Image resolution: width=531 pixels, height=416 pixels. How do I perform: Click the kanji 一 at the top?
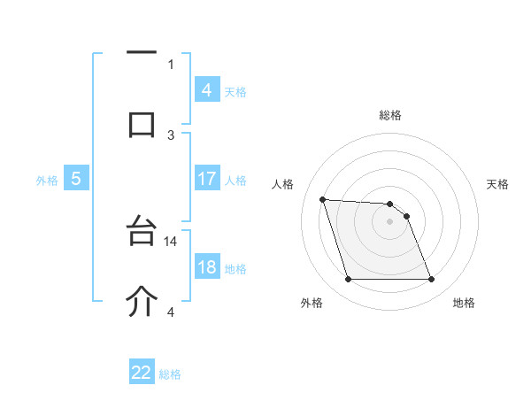coord(142,54)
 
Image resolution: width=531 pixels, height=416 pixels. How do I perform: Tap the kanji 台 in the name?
coord(142,233)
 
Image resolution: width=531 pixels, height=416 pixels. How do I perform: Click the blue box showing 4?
coord(206,89)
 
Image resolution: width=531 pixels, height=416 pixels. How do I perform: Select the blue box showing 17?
coord(206,179)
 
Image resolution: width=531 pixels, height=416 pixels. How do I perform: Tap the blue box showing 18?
coord(206,267)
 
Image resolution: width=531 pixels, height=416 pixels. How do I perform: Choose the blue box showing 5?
coord(76,179)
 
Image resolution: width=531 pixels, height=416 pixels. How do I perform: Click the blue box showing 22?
coord(142,373)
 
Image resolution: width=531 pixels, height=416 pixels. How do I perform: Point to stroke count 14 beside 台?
coord(172,241)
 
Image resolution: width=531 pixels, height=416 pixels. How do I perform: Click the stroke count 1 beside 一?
coord(171,64)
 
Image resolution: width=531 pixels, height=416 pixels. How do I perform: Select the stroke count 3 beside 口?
coord(171,135)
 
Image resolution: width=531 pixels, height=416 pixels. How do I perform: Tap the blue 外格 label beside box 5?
coord(47,180)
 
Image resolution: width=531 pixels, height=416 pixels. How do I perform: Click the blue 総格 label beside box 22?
coord(170,374)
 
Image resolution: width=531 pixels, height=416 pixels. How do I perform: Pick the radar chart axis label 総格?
coord(390,115)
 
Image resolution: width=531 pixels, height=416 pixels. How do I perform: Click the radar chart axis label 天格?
coord(498,184)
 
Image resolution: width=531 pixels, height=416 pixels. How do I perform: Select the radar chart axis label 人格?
coord(283,184)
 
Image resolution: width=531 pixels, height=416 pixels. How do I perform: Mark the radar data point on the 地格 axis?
coord(431,280)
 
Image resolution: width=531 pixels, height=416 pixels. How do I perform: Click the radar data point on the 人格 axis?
coord(322,199)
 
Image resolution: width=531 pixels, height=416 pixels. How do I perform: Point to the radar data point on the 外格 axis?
coord(348,280)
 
